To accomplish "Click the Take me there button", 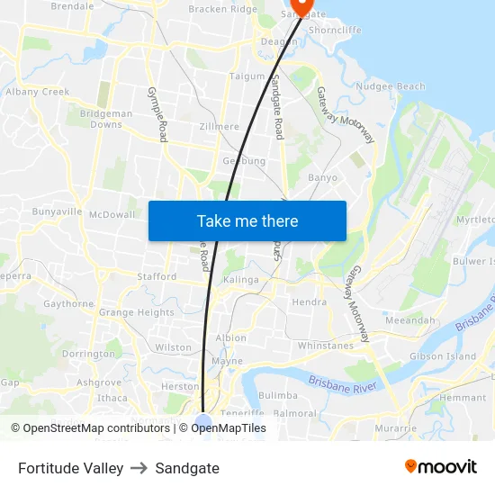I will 247,220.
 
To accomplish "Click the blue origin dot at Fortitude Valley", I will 203,422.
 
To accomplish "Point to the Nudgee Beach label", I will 391,86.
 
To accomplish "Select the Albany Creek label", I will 37,92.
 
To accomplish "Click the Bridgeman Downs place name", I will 106,119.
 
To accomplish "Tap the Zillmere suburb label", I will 220,127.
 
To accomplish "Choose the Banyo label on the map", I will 322,177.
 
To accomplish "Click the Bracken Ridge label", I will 222,9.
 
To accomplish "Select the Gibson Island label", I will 443,356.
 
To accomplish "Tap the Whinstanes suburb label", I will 326,345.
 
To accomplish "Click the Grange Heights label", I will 136,312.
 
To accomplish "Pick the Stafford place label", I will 157,276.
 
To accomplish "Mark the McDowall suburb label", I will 112,214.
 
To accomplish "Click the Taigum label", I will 247,76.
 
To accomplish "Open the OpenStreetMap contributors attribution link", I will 90,428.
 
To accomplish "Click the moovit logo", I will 441,467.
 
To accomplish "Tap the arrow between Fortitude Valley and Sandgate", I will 139,468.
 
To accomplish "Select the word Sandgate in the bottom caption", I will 187,468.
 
